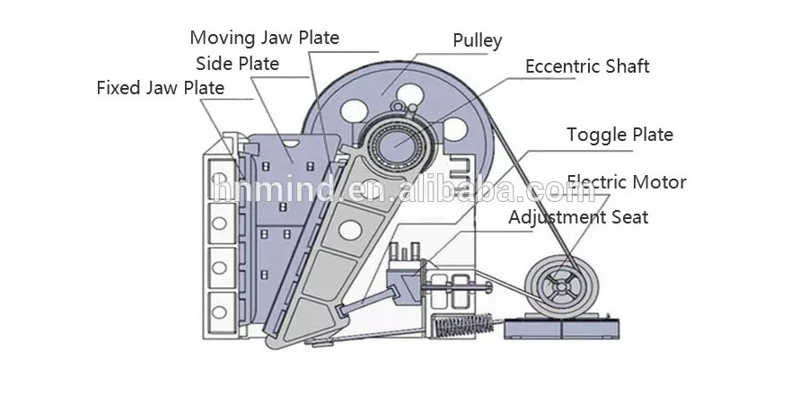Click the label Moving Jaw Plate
point(264,38)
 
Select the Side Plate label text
point(238,64)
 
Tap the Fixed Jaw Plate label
point(161,88)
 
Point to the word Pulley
point(478,40)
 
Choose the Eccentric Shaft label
point(587,66)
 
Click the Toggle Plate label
point(619,135)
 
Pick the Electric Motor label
point(627,182)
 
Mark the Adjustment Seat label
point(578,217)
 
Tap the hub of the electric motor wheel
point(561,285)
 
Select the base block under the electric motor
point(561,328)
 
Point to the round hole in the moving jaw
point(350,230)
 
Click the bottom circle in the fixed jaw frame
point(219,311)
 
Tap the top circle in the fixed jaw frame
point(219,179)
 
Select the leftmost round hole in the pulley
point(354,110)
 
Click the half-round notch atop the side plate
point(291,144)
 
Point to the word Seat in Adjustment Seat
point(629,217)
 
